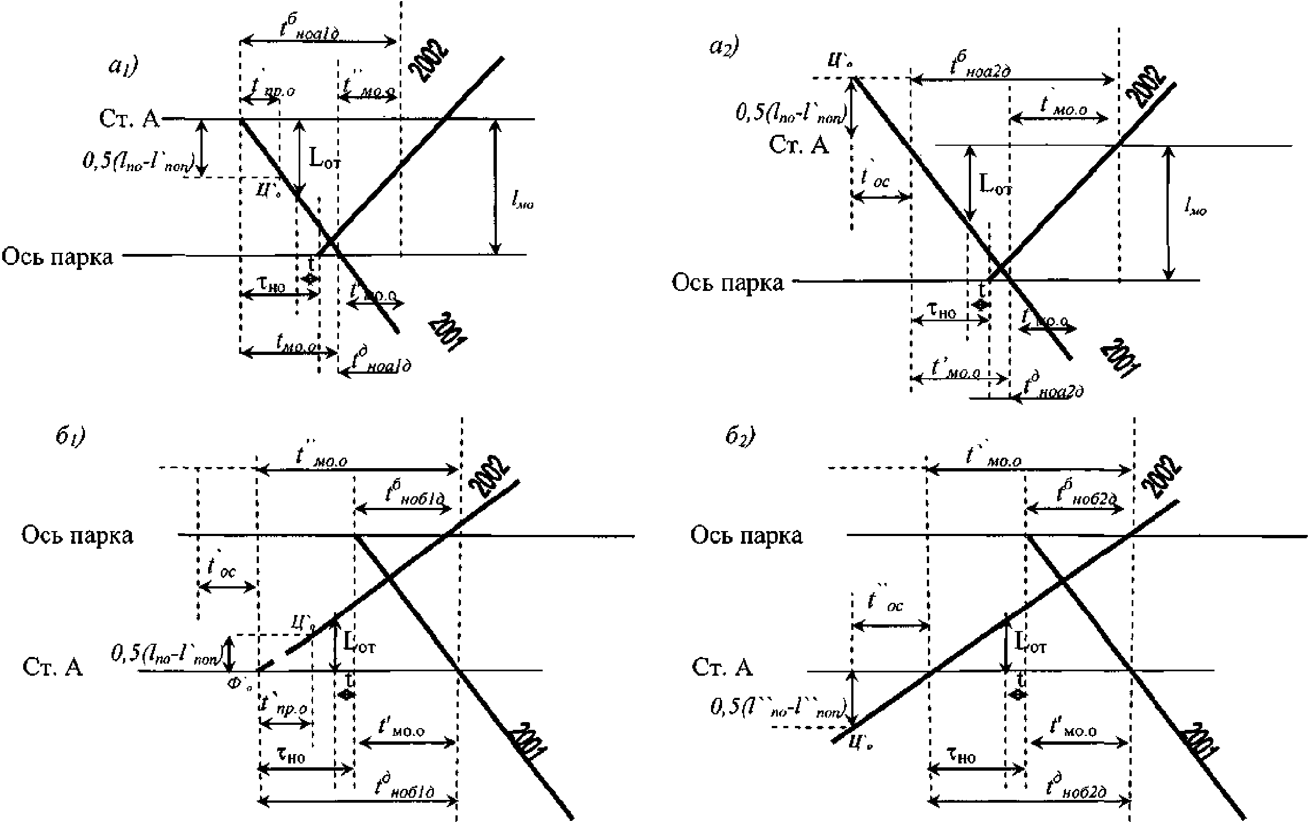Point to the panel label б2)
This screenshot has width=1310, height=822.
(x=740, y=437)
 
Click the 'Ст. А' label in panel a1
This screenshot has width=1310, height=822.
(x=129, y=119)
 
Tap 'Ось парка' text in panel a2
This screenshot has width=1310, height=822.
(x=727, y=283)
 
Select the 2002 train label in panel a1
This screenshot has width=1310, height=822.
(x=428, y=61)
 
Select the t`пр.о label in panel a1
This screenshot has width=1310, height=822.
(x=271, y=88)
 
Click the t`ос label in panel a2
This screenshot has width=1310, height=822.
(x=875, y=178)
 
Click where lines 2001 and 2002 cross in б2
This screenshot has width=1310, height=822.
(x=1062, y=581)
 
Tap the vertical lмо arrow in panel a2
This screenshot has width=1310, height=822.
(x=1168, y=213)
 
